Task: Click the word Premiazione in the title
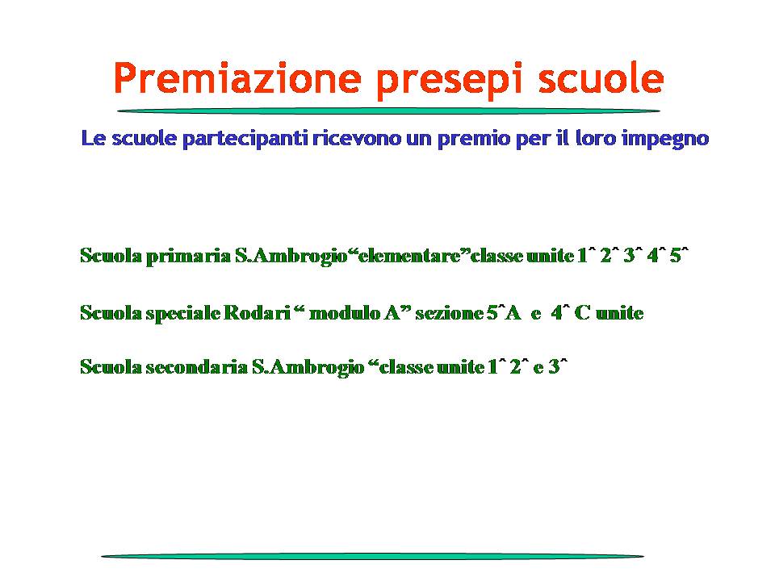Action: click(237, 78)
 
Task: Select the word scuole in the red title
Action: click(601, 79)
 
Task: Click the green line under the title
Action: click(388, 111)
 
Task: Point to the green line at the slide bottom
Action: click(373, 556)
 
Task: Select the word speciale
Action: click(183, 313)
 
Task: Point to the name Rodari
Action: click(257, 313)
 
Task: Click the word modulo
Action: click(345, 313)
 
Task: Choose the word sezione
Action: click(450, 313)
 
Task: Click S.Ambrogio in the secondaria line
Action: click(308, 368)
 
